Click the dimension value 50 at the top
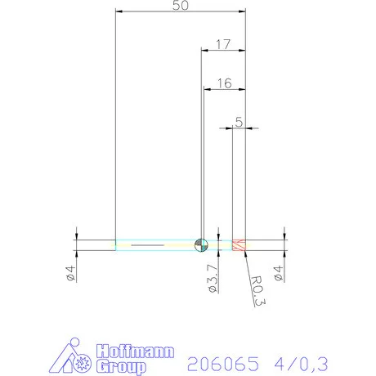click(181, 6)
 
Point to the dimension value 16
click(224, 83)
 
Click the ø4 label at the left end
click(71, 272)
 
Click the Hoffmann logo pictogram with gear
click(78, 358)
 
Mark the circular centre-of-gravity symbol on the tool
click(202, 244)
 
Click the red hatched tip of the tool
click(239, 244)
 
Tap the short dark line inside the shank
click(147, 244)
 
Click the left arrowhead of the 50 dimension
click(119, 11)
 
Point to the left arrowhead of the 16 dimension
click(208, 89)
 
